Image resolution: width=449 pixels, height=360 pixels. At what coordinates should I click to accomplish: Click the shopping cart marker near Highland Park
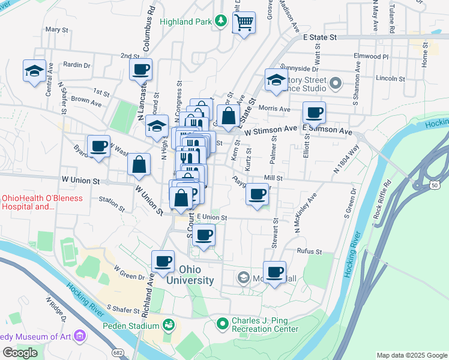coord(244,23)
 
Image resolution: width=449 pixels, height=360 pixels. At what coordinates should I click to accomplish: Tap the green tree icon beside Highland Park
coord(221,22)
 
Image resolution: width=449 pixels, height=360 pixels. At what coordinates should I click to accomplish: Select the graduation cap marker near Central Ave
coord(35,71)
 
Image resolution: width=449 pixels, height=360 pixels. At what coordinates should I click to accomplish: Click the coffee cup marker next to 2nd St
coord(140,70)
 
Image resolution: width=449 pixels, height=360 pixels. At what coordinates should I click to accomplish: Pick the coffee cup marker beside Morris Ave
coord(313,112)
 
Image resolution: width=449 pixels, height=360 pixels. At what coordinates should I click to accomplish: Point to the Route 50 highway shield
coord(433,186)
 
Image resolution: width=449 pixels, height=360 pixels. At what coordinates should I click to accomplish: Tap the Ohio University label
coord(190,275)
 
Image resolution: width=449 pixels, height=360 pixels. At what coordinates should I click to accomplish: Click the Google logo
coord(20,353)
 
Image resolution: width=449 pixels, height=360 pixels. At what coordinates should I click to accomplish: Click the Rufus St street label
coord(310,252)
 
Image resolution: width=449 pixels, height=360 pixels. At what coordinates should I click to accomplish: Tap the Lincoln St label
coord(391,79)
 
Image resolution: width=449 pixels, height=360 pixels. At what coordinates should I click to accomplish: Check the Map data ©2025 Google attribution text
coord(411,355)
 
